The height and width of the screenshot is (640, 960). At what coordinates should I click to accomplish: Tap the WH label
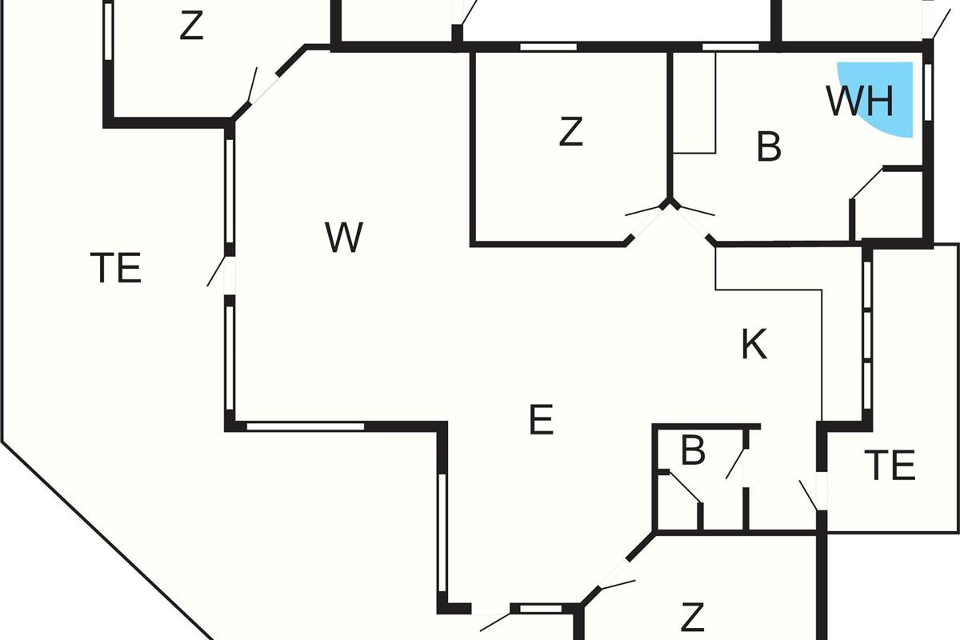pos(860,102)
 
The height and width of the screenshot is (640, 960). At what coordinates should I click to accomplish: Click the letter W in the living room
pos(344,237)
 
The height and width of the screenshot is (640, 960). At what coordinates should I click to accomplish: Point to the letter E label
pos(542,419)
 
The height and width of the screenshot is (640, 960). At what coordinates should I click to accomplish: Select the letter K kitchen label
pos(754,344)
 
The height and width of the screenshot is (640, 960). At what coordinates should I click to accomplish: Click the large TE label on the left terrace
pos(116,267)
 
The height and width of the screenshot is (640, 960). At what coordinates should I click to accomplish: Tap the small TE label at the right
pos(890,465)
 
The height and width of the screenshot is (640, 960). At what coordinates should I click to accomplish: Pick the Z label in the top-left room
pos(191,26)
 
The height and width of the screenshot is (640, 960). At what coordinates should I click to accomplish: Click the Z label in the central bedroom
pos(571,131)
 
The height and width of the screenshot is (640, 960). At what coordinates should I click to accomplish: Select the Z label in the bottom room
pos(693,618)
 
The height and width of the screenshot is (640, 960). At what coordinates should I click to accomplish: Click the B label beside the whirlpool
pos(769,146)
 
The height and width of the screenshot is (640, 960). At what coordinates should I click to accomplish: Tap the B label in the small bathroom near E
pos(693,450)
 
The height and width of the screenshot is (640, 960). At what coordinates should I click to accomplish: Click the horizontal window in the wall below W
pos(306,426)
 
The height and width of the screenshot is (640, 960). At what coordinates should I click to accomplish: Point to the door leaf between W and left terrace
pos(216,271)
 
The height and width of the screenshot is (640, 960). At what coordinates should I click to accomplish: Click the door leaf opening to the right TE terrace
pos(808,495)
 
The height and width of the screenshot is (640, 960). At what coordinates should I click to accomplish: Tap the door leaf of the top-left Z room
pos(253,85)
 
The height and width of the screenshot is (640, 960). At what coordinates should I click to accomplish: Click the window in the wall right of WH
pos(928,92)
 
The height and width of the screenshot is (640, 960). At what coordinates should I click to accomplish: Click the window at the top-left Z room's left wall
pos(109,31)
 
